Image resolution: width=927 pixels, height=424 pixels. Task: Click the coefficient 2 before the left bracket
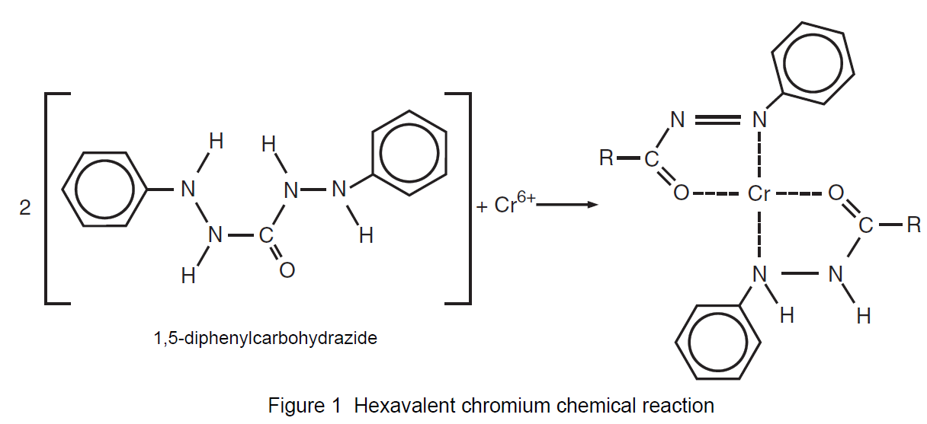pos(25,208)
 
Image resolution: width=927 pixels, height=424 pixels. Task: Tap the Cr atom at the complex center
pos(760,194)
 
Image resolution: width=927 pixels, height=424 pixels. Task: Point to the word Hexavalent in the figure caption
pos(398,406)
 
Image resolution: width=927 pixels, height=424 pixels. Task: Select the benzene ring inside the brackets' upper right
pos(409,158)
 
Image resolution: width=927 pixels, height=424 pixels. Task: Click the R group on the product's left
pos(606,159)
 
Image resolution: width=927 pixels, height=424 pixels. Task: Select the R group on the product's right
pos(913,226)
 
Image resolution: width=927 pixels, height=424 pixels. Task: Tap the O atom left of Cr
pos(682,194)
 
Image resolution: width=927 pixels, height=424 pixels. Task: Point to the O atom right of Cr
pos(836,194)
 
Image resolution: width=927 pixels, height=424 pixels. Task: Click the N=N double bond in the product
pos(717,120)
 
